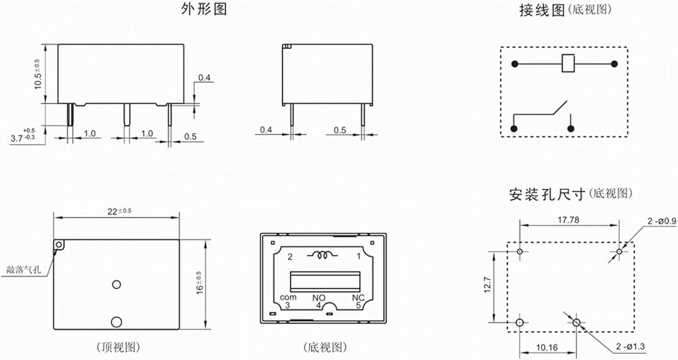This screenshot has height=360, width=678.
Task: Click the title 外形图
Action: (x=203, y=9)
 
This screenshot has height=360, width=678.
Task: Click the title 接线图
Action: (x=542, y=10)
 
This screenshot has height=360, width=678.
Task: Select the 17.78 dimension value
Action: (x=568, y=220)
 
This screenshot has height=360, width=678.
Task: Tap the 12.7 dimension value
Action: (x=487, y=285)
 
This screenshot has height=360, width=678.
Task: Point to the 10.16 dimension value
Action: (x=547, y=347)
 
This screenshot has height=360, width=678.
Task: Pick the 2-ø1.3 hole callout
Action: (x=631, y=346)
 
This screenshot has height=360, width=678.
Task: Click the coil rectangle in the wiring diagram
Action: (x=568, y=64)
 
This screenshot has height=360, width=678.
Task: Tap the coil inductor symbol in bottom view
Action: (x=323, y=255)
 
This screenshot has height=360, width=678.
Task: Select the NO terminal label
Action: (x=319, y=298)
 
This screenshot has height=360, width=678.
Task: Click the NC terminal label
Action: (x=358, y=298)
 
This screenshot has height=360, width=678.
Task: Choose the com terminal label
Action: (x=288, y=298)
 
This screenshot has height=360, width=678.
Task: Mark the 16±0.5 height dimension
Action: (x=199, y=283)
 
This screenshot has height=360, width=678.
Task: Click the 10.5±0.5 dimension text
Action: (x=38, y=75)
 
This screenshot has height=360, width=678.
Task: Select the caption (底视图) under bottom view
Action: (x=325, y=347)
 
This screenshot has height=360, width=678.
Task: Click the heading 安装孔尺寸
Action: (x=547, y=195)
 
